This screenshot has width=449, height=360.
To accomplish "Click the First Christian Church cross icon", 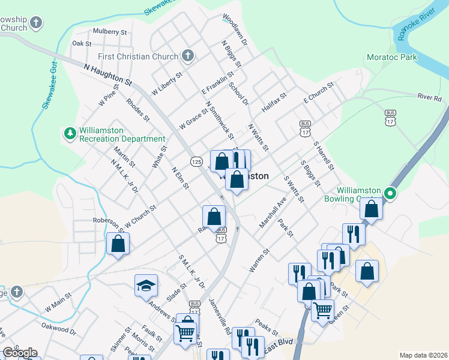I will [187, 56].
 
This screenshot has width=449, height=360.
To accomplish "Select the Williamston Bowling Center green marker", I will [390, 193].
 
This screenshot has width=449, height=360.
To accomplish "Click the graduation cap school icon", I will [145, 286].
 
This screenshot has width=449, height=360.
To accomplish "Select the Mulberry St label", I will [110, 32].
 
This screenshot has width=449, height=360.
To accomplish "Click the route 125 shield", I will [196, 161].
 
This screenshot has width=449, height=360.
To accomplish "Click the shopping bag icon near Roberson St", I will [118, 243].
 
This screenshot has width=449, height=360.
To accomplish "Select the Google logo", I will [19, 353].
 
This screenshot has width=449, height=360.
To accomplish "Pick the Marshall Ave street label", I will [273, 212].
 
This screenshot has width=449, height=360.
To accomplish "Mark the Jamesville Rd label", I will [220, 316].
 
